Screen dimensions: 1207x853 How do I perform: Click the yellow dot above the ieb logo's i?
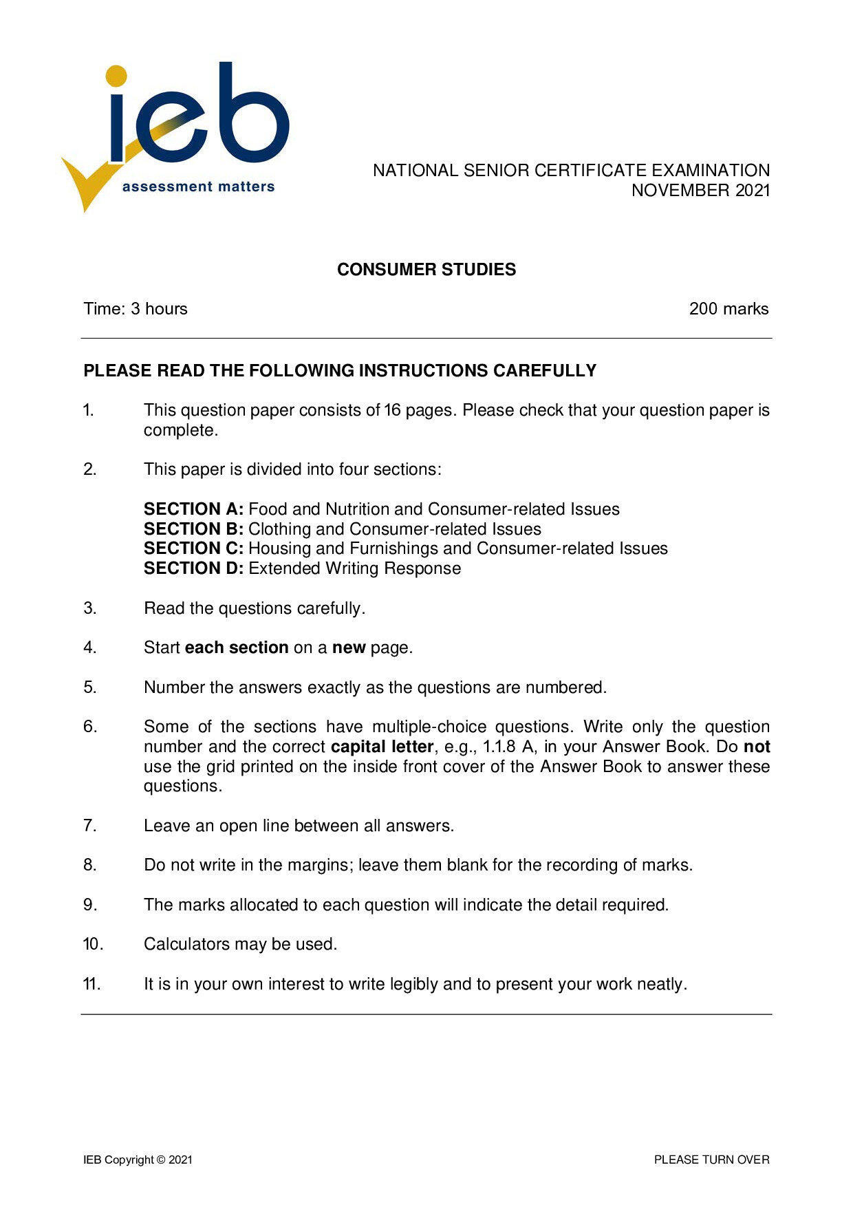117,76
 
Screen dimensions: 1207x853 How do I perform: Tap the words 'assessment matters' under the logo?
198,186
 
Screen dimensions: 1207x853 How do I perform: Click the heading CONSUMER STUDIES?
426,270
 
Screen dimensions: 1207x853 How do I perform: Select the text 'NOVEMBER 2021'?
700,191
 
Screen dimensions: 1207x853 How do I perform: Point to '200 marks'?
728,309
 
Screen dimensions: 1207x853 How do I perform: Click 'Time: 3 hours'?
136,309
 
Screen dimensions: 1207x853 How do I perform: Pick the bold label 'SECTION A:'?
193,509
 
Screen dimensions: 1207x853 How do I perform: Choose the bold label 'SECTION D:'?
193,568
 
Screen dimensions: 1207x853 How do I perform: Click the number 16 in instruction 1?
392,410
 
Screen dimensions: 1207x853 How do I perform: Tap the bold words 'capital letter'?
382,747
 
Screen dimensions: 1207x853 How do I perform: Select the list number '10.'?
93,944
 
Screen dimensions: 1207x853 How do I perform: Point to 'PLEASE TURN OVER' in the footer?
711,1160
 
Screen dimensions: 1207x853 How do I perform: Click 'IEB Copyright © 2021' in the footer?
138,1160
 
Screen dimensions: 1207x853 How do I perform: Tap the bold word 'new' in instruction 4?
349,648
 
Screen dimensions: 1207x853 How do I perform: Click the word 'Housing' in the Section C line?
280,548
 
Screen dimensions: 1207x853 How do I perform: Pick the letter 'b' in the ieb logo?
252,117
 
